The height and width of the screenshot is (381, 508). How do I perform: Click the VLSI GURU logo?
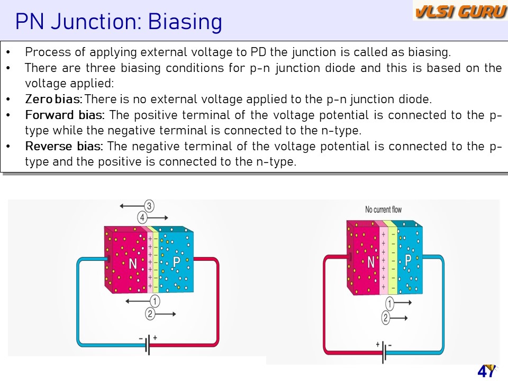tap(460, 11)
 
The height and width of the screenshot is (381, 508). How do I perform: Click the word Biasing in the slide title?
tap(185, 22)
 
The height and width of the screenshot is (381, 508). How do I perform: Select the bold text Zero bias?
tap(54, 99)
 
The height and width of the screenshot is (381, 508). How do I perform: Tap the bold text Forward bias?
tap(65, 115)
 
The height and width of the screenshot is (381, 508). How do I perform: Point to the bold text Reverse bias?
tap(64, 146)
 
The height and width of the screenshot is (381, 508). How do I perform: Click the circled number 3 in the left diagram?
tap(149, 206)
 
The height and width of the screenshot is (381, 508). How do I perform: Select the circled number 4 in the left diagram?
tap(142, 217)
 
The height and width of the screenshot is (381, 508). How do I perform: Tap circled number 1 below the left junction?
tap(155, 301)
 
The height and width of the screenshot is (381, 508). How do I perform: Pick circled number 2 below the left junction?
tap(150, 314)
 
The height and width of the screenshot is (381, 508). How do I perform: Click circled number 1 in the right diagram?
tap(389, 304)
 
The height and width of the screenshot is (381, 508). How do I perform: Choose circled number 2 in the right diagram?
tap(385, 317)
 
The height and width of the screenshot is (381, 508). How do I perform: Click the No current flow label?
tap(383, 210)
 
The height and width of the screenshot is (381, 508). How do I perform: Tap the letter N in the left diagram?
tap(133, 264)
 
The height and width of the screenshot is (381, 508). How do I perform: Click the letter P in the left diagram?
tap(176, 262)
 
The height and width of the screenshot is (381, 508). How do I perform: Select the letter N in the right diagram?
tap(371, 262)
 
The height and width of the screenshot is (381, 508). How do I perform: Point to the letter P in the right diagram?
tap(408, 260)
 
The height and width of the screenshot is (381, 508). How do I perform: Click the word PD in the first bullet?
tap(258, 52)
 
